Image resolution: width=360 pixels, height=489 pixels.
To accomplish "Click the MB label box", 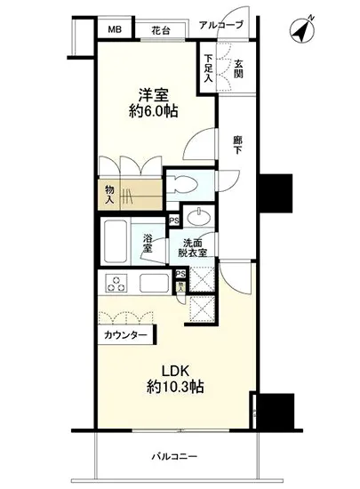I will click(115, 28).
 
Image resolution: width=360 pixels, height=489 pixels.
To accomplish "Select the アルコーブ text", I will click(220, 25).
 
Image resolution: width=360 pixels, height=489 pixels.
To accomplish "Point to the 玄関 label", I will click(238, 68).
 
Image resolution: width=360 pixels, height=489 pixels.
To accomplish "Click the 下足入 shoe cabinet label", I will click(209, 68).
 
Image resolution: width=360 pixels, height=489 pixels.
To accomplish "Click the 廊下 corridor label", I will click(237, 145).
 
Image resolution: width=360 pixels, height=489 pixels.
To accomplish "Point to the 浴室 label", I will click(149, 242).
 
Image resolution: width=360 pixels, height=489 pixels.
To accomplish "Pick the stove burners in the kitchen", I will click(116, 284).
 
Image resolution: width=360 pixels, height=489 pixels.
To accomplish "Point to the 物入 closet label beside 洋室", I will click(109, 193).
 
